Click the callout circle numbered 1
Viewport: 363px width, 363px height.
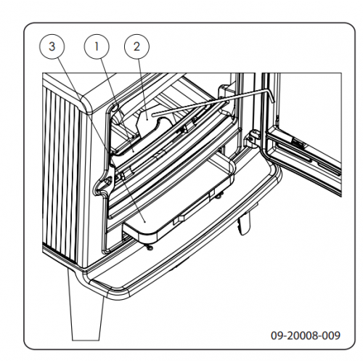pyautogui.click(x=97, y=46)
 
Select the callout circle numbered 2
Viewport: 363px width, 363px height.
pyautogui.click(x=136, y=46)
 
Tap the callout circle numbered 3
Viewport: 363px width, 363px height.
pyautogui.click(x=52, y=46)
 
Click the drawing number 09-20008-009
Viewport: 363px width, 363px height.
pyautogui.click(x=306, y=335)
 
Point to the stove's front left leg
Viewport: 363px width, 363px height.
pyautogui.click(x=86, y=312)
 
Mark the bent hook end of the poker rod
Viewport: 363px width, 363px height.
pyautogui.click(x=271, y=95)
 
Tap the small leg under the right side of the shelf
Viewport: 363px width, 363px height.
pyautogui.click(x=244, y=224)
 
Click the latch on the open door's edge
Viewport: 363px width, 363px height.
pyautogui.click(x=298, y=143)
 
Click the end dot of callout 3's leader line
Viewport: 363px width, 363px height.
pyautogui.click(x=144, y=221)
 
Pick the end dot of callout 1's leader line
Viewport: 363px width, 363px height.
pyautogui.click(x=134, y=150)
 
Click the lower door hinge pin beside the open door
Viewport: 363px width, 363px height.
pyautogui.click(x=252, y=137)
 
